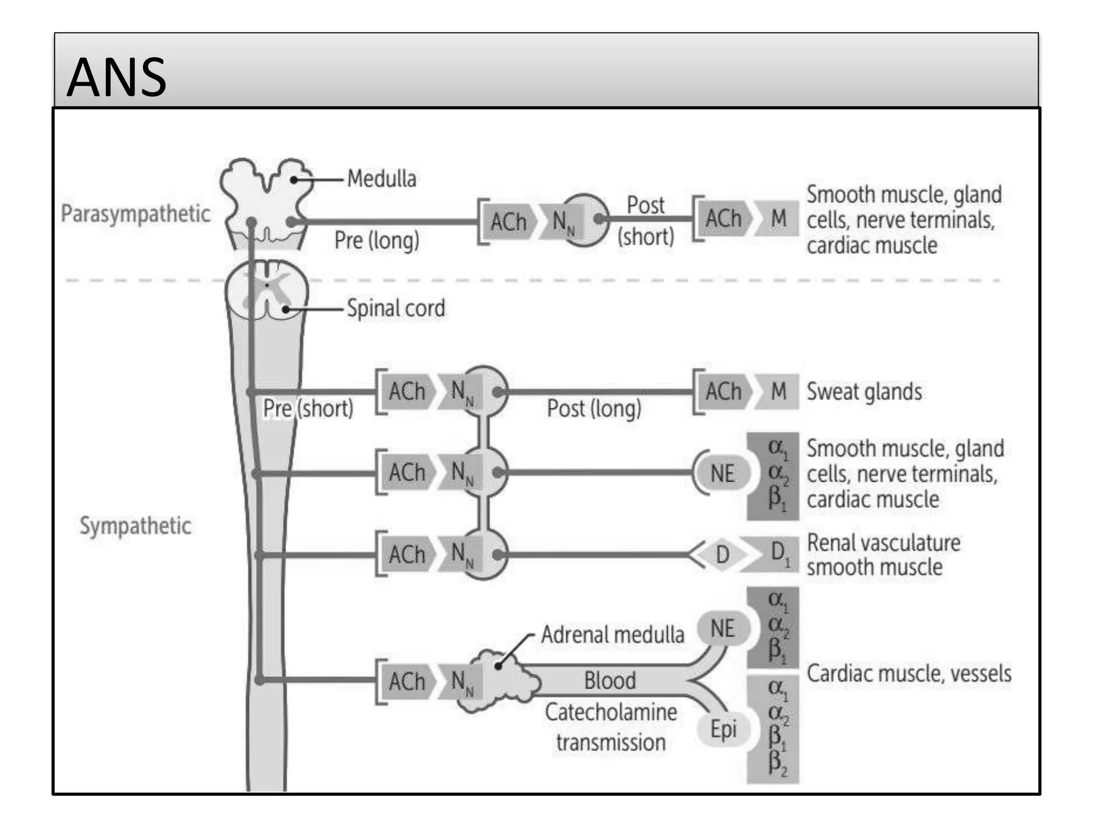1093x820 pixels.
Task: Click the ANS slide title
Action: pyautogui.click(x=116, y=78)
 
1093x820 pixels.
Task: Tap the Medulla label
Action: pyautogui.click(x=382, y=179)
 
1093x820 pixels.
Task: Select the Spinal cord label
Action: pyautogui.click(x=395, y=309)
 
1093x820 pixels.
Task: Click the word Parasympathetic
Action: pyautogui.click(x=136, y=214)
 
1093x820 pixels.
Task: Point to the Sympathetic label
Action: pyautogui.click(x=136, y=526)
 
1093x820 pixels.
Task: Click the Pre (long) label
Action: pyautogui.click(x=377, y=240)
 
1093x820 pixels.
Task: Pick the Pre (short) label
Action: pyautogui.click(x=308, y=409)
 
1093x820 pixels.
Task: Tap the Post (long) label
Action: pyautogui.click(x=594, y=409)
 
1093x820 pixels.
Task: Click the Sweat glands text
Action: pyautogui.click(x=864, y=392)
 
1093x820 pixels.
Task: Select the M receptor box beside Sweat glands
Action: pyautogui.click(x=778, y=392)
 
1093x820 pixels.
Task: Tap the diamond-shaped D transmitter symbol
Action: pyautogui.click(x=722, y=555)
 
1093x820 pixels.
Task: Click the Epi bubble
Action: pyautogui.click(x=723, y=729)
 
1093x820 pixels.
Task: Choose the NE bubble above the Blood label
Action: pyautogui.click(x=723, y=629)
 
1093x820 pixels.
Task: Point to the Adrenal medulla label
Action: pyautogui.click(x=612, y=635)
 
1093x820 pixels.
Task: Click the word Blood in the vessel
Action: pyautogui.click(x=610, y=681)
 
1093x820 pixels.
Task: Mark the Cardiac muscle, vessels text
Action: pyautogui.click(x=909, y=674)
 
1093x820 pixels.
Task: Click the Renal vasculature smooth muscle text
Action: pyautogui.click(x=883, y=555)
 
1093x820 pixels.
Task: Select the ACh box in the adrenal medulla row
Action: pyautogui.click(x=407, y=682)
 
